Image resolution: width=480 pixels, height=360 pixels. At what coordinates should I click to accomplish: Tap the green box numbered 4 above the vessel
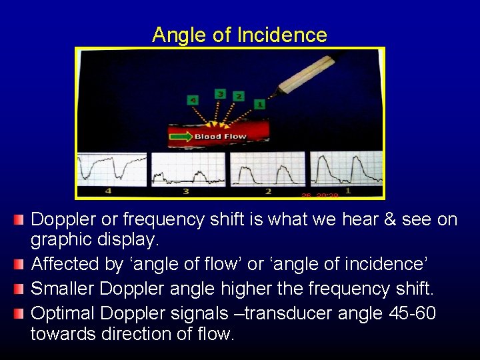click(193, 100)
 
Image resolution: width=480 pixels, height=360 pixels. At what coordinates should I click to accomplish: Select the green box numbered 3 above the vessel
click(220, 94)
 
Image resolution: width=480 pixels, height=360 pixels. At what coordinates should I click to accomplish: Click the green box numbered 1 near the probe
click(259, 105)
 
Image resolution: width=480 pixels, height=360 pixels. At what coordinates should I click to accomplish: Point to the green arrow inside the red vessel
click(180, 137)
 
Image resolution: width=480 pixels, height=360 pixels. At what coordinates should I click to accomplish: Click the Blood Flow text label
click(220, 137)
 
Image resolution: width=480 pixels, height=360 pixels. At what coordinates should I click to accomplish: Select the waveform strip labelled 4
click(111, 170)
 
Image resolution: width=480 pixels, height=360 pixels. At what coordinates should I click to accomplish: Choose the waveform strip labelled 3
click(188, 170)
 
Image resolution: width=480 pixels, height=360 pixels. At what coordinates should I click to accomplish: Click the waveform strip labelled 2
click(267, 170)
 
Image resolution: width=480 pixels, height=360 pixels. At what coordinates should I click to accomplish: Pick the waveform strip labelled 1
click(345, 170)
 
